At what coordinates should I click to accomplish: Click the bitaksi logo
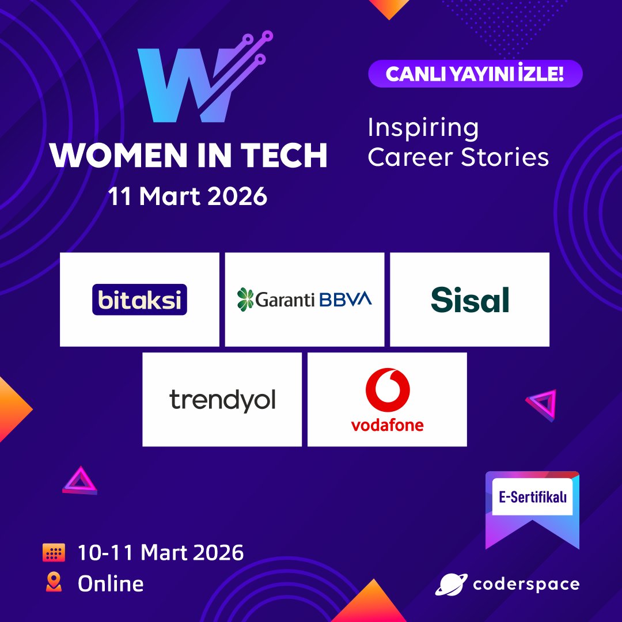(x=139, y=299)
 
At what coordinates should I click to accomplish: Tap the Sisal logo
(x=470, y=299)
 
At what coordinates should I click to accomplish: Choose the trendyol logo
(x=222, y=400)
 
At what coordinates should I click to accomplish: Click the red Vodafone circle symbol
(x=387, y=389)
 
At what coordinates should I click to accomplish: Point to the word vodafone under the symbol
(x=387, y=425)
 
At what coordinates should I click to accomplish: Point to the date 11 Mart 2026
(x=188, y=196)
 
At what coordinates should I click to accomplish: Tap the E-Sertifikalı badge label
(x=532, y=496)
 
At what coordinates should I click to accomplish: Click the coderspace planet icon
(x=451, y=584)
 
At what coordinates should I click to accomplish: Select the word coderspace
(x=526, y=584)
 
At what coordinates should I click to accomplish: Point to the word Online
(x=111, y=583)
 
